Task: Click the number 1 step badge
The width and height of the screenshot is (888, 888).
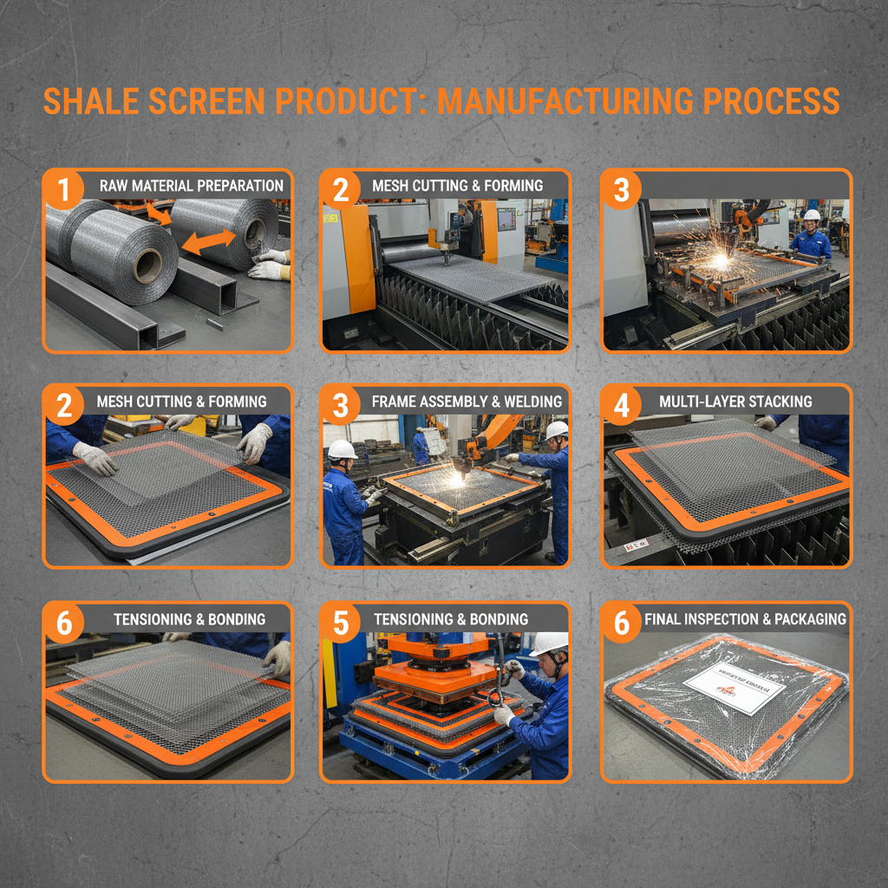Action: tap(62, 186)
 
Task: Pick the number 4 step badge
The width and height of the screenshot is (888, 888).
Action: tap(621, 403)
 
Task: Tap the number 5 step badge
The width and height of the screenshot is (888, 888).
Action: tap(341, 620)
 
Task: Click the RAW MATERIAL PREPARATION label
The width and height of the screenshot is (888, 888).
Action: tap(191, 186)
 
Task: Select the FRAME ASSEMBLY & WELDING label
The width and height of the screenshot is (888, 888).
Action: tap(467, 402)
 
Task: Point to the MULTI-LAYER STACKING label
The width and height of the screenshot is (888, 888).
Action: tap(735, 402)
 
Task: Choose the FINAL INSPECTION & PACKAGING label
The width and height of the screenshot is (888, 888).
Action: tap(745, 619)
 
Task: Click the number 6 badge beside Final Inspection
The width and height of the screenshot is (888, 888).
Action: tap(621, 620)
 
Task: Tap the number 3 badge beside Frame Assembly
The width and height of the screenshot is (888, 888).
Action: tap(341, 403)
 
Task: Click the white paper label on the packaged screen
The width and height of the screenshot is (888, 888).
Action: tap(733, 689)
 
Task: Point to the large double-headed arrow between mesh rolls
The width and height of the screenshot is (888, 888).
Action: tap(208, 242)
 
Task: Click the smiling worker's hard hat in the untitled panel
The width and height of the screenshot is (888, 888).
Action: tap(812, 215)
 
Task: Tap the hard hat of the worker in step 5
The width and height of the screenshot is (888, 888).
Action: tap(549, 643)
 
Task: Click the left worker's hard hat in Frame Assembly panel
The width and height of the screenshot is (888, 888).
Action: tap(343, 449)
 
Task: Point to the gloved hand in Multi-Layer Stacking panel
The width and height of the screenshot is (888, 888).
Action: tap(766, 423)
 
